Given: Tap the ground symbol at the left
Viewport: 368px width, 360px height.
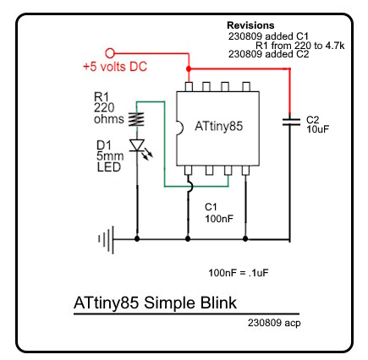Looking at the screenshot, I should [106, 240].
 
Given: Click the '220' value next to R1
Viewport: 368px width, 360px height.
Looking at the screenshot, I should [104, 107].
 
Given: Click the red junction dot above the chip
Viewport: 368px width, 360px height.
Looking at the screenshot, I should [188, 68].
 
